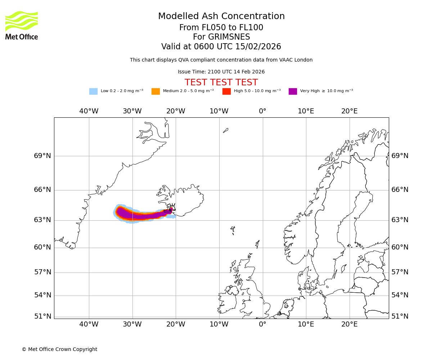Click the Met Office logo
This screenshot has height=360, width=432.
pyautogui.click(x=22, y=25)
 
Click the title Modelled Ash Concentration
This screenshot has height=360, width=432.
pyautogui.click(x=221, y=16)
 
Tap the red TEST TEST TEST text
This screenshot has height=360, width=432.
pyautogui.click(x=221, y=82)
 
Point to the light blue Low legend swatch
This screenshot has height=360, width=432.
pyautogui.click(x=93, y=91)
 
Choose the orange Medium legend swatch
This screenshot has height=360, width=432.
pyautogui.click(x=156, y=91)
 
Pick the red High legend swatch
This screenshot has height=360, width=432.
pyautogui.click(x=226, y=91)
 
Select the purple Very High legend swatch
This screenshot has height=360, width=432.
pyautogui.click(x=293, y=91)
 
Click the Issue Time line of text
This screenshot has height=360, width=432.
pyautogui.click(x=221, y=72)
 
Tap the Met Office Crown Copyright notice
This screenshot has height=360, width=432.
pyautogui.click(x=59, y=349)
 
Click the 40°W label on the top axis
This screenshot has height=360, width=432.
pyautogui.click(x=89, y=111)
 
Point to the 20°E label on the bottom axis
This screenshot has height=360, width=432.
pyautogui.click(x=349, y=324)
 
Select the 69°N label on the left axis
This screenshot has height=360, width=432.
pyautogui.click(x=42, y=156)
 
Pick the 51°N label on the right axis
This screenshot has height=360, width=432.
pyautogui.click(x=400, y=316)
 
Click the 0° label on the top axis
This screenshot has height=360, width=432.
pyautogui.click(x=262, y=111)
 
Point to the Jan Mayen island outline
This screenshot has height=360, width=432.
pyautogui.click(x=225, y=130)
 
